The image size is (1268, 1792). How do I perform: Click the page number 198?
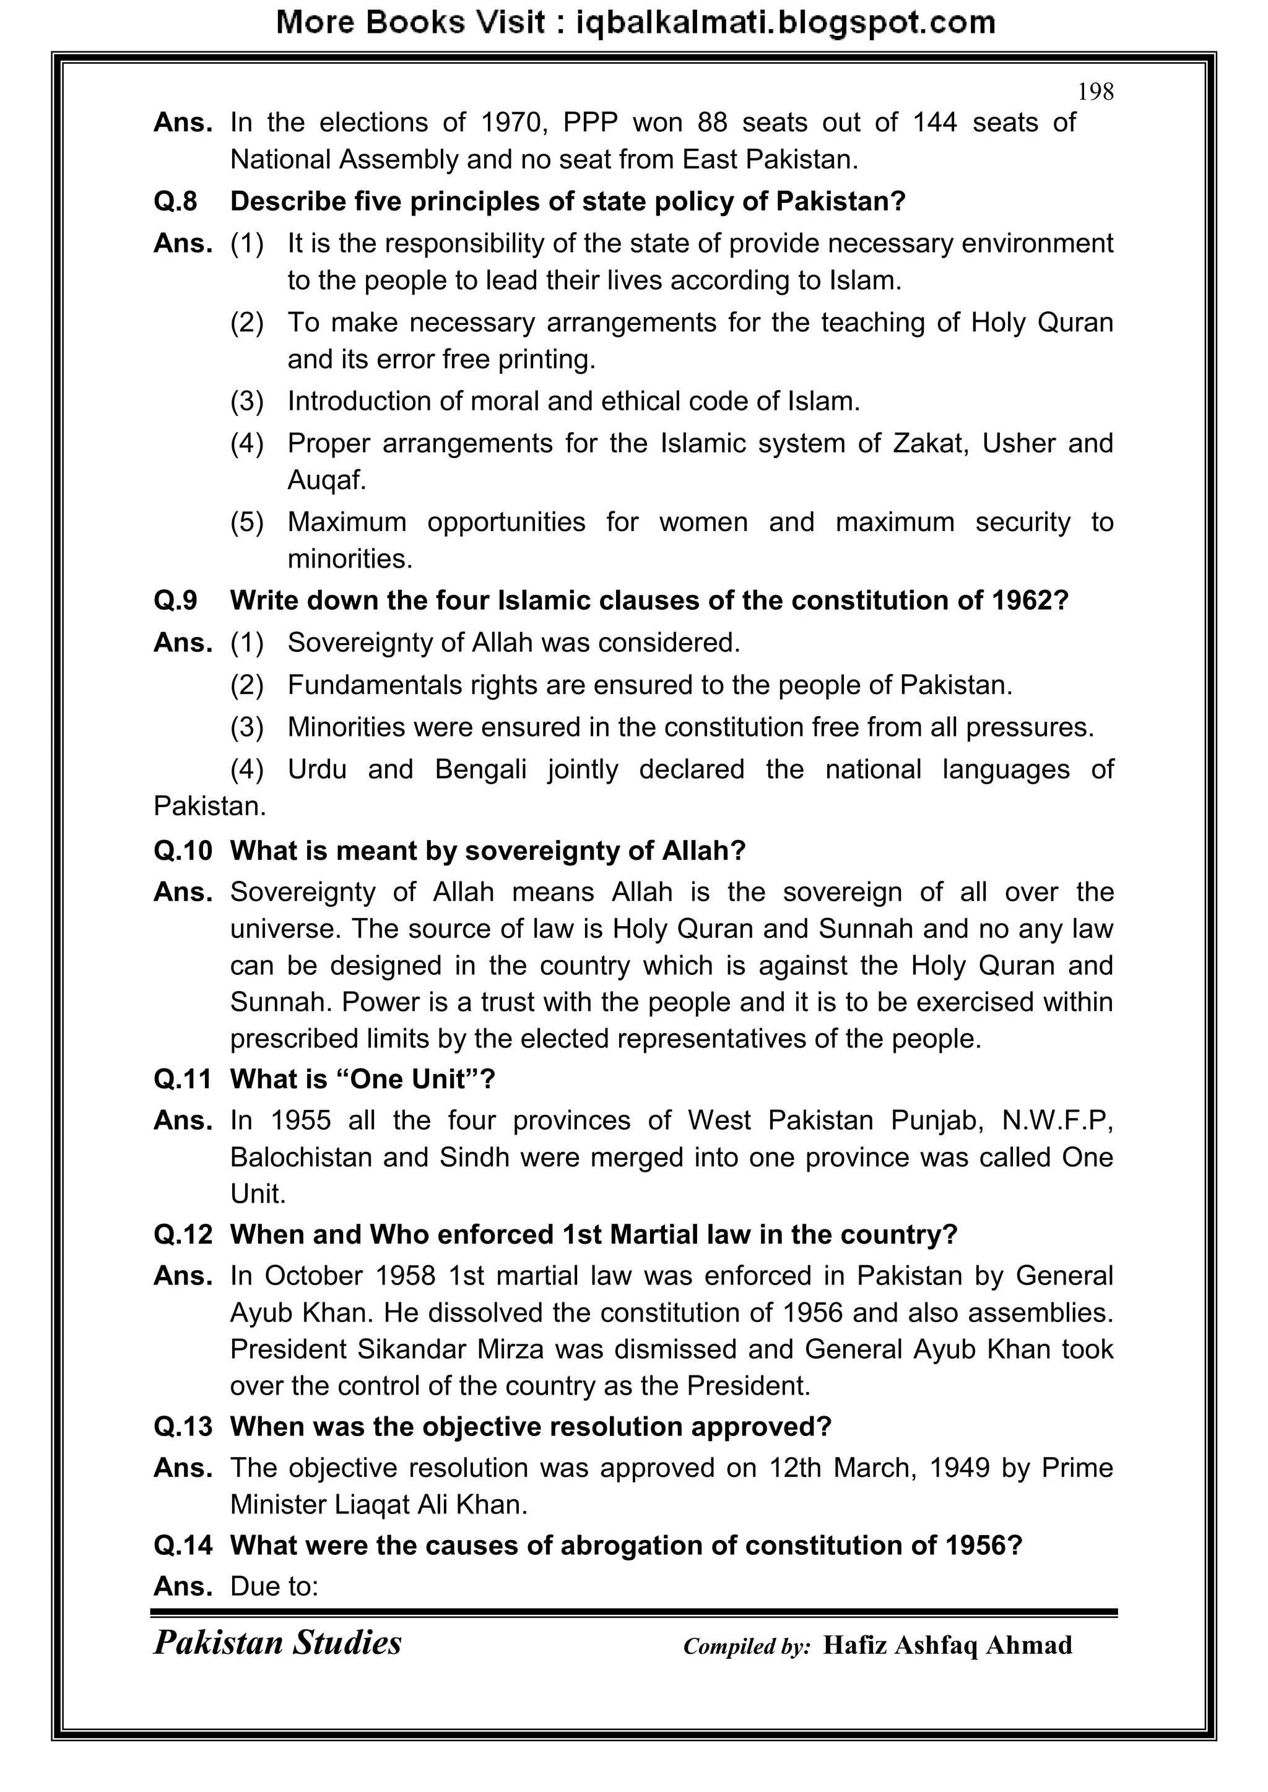1095,92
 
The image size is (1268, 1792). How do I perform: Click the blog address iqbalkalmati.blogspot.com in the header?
786,23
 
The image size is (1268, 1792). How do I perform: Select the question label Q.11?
183,1080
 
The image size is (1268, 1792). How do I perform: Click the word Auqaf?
326,480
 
